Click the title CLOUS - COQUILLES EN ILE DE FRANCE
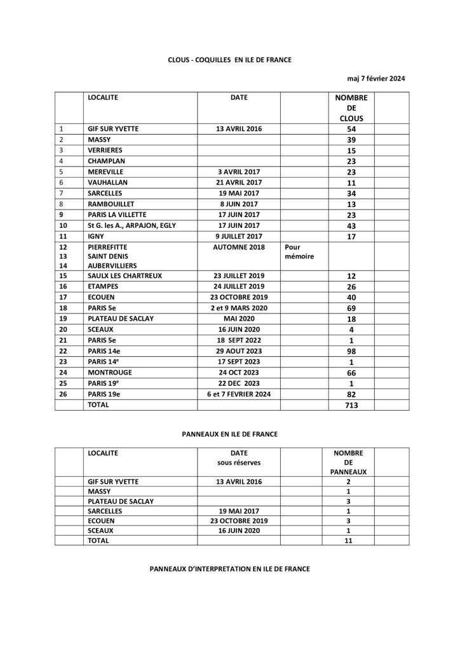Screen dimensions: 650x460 [230, 59]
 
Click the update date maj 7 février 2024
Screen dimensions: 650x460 [376, 79]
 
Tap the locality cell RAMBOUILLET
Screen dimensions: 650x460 [112, 204]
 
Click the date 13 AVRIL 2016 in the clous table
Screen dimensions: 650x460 [238, 128]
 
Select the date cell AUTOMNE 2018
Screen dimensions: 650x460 [238, 248]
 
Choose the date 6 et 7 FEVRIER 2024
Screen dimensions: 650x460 [238, 394]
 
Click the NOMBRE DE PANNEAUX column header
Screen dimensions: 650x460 [348, 463]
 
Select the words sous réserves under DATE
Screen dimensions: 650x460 [238, 463]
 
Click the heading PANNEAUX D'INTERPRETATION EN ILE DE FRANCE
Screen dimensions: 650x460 [230, 569]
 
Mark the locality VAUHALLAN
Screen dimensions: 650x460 [108, 182]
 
